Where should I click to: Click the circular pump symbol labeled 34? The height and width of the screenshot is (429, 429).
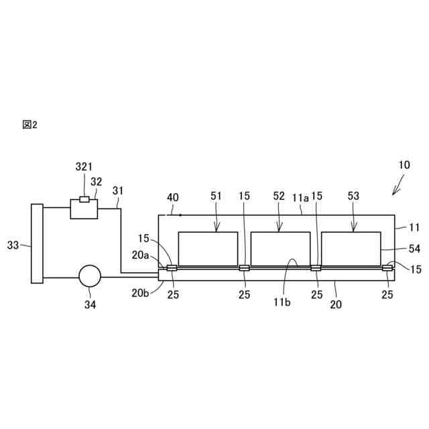click(x=90, y=275)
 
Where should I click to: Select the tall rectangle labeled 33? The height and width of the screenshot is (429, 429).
click(x=37, y=243)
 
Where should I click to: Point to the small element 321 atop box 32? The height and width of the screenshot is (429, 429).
click(x=84, y=199)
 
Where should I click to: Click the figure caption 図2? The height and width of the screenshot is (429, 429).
click(x=29, y=125)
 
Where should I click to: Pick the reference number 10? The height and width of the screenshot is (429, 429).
click(x=404, y=165)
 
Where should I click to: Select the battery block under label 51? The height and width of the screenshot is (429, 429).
click(x=208, y=248)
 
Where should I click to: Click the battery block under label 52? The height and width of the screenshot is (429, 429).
click(x=280, y=248)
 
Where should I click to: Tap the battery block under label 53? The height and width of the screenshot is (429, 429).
click(x=351, y=248)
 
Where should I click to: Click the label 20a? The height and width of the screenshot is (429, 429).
click(x=140, y=255)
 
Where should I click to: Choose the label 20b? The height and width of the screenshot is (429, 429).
click(x=140, y=292)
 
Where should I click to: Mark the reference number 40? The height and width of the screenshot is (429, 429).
click(x=173, y=198)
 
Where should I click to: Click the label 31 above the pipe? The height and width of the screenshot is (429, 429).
click(x=118, y=190)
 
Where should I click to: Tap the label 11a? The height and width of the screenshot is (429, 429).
click(x=300, y=198)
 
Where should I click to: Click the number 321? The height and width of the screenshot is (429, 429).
click(x=84, y=166)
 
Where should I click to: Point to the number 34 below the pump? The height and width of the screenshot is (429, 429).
click(x=90, y=304)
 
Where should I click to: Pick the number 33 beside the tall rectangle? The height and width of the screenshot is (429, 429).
click(x=13, y=245)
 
